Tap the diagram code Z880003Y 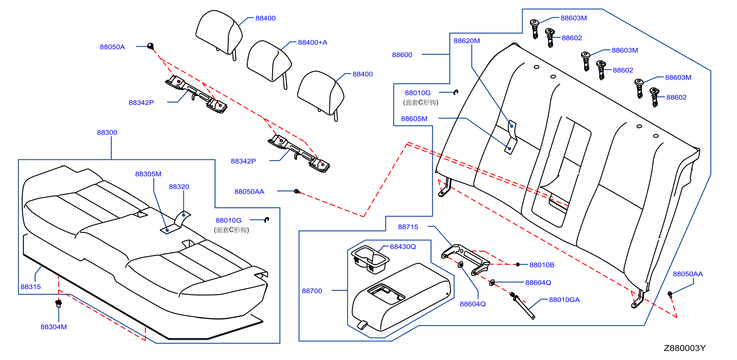[685, 348]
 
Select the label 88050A [112, 47]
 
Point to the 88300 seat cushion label [107, 132]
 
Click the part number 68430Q [403, 246]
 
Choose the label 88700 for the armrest [312, 291]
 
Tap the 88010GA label [564, 300]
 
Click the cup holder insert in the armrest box [370, 259]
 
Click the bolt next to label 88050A [150, 46]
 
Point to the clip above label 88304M [58, 303]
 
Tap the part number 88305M [148, 174]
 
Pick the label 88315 [31, 287]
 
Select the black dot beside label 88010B [518, 264]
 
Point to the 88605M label [414, 119]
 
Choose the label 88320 [179, 187]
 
